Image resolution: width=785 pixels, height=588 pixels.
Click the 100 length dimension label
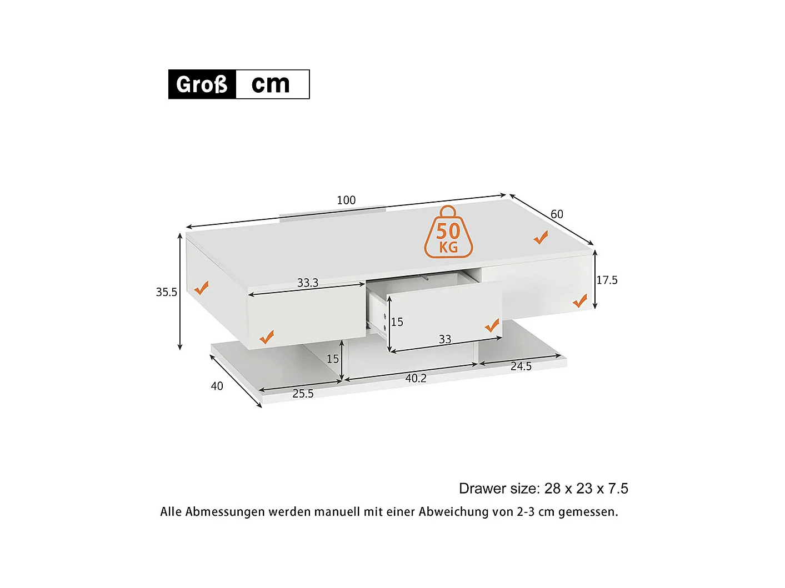click(x=346, y=200)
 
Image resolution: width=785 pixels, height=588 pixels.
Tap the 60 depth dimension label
click(x=557, y=214)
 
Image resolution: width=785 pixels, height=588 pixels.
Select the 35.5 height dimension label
click(x=166, y=292)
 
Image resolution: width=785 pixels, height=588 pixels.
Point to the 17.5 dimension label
click(x=607, y=280)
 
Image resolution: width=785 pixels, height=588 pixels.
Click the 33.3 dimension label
click(x=308, y=283)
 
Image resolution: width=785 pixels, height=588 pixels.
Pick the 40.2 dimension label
click(x=416, y=378)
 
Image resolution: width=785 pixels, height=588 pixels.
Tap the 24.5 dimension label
click(x=521, y=366)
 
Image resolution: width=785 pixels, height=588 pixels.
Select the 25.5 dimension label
click(x=303, y=394)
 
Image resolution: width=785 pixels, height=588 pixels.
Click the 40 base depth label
click(x=217, y=386)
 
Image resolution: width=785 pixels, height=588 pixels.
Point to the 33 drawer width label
click(x=445, y=339)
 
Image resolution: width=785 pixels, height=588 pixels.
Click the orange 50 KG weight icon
click(x=448, y=233)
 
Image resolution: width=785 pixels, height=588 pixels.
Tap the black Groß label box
click(x=202, y=84)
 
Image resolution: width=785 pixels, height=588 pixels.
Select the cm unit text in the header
click(x=271, y=84)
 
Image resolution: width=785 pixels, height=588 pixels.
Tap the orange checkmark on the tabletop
click(x=541, y=238)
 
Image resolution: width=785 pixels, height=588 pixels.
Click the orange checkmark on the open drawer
click(x=492, y=325)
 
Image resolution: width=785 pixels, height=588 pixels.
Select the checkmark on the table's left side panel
click(x=201, y=288)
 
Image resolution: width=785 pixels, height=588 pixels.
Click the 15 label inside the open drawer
click(x=397, y=322)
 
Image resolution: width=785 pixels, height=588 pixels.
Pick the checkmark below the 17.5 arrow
click(x=579, y=301)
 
